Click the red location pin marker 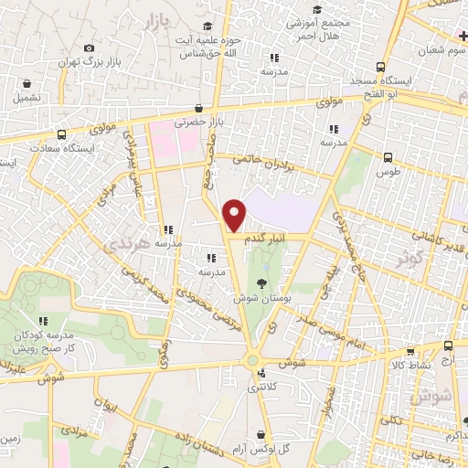tap(235, 214)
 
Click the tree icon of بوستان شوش tap(263, 282)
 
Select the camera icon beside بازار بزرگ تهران tap(89, 48)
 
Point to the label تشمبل tap(27, 97)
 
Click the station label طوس tap(390, 171)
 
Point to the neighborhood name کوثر tap(410, 259)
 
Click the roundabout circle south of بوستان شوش tap(251, 361)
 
